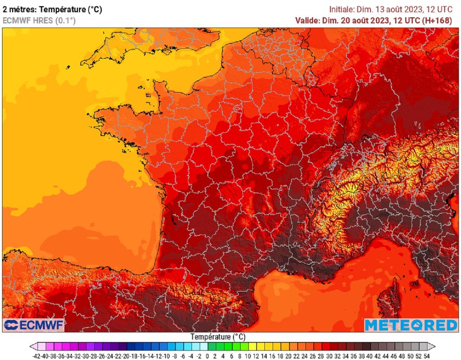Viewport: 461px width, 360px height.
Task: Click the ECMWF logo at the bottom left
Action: (x=34, y=325)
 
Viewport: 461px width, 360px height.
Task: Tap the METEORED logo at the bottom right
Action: (x=411, y=325)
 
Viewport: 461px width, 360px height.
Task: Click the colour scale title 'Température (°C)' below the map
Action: (x=218, y=337)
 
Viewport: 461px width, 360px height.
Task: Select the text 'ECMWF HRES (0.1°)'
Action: (x=39, y=20)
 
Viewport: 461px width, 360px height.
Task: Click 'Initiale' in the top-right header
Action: (x=342, y=9)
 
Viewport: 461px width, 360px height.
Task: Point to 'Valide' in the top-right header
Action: (x=307, y=20)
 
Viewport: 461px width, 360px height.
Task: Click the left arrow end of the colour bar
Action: (x=33, y=346)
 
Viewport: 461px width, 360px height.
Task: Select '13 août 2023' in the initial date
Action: (x=398, y=9)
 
